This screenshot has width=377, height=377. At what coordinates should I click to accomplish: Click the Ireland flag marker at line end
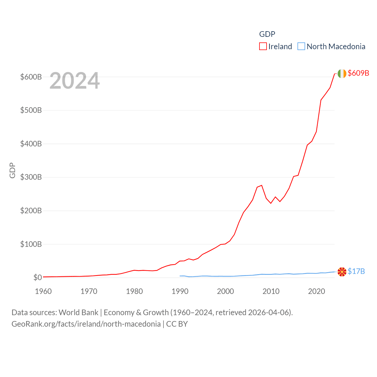click(x=342, y=74)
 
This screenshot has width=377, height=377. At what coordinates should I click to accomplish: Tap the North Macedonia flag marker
click(x=342, y=272)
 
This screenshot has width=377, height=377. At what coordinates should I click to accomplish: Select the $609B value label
click(x=358, y=73)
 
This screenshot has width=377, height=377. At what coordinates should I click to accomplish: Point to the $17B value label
click(x=356, y=271)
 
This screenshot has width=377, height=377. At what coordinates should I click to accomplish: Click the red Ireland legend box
click(x=263, y=47)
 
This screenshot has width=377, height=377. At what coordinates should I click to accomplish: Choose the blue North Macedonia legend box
click(x=301, y=47)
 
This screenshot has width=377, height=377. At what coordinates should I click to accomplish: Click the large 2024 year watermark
click(x=75, y=81)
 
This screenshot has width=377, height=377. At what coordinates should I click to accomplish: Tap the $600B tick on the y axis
click(x=31, y=77)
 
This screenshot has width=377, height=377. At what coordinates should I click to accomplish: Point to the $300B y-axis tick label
click(x=31, y=177)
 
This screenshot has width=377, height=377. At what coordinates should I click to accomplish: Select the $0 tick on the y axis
click(x=37, y=277)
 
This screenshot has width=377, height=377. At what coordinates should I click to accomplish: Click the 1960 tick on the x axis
click(x=43, y=291)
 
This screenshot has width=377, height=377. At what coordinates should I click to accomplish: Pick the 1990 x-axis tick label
click(x=180, y=291)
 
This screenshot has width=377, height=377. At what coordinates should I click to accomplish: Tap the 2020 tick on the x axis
click(x=317, y=291)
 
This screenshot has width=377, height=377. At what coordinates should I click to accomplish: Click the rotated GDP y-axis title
click(x=12, y=170)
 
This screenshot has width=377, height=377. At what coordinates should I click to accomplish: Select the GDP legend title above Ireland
click(x=267, y=34)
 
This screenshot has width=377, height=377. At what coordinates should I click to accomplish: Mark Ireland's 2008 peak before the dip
click(x=262, y=185)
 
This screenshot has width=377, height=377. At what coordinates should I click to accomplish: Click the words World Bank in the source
click(x=78, y=312)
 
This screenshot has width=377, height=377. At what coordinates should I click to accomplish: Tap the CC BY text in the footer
click(x=177, y=324)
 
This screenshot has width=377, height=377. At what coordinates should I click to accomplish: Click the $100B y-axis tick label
click(x=31, y=244)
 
